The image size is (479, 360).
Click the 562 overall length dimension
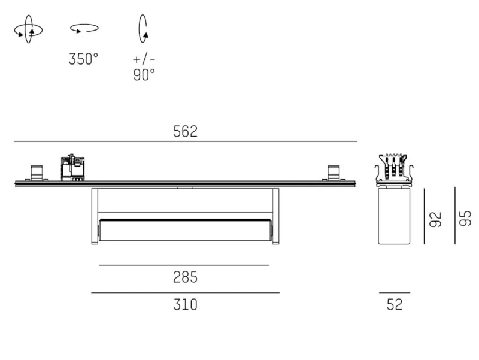click(185, 131)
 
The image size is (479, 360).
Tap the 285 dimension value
click(185, 277)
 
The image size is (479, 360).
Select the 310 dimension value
click(185, 305)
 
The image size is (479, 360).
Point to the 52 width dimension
click(395, 304)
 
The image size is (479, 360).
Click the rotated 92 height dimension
click(436, 219)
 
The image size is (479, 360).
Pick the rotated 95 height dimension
click(465, 218)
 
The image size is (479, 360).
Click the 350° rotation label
click(83, 59)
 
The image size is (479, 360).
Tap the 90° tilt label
click(144, 75)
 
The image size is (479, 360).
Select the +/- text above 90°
click(144, 59)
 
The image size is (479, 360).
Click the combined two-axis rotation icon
click(28, 29)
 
